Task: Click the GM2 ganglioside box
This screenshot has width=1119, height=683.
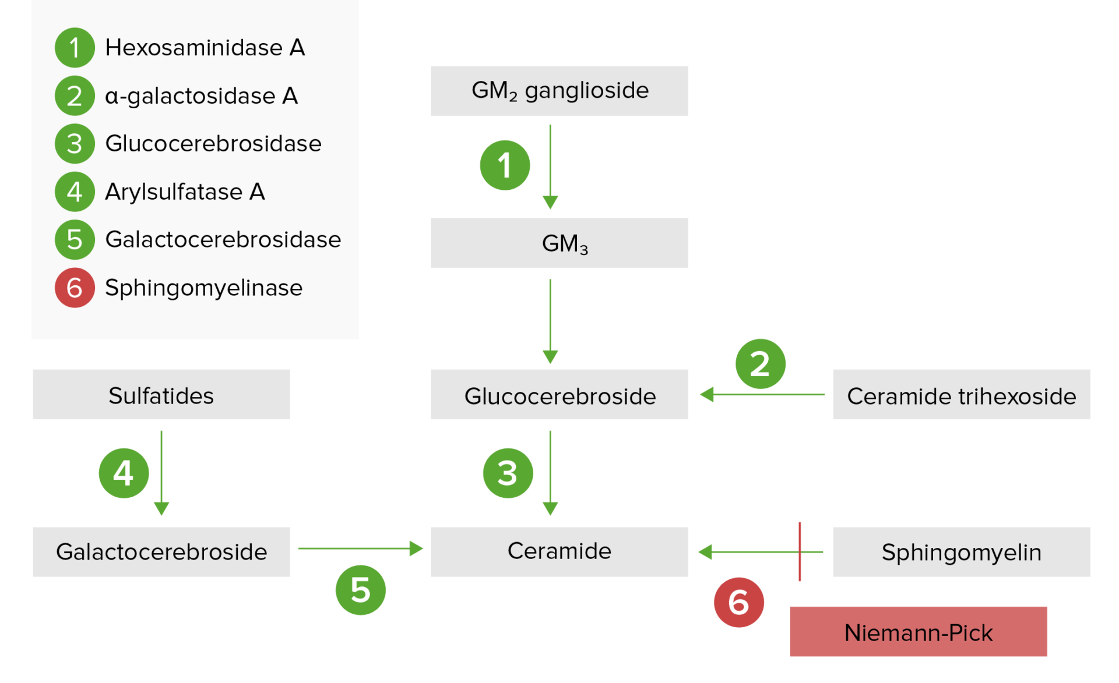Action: [x=559, y=91]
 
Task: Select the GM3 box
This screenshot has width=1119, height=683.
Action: [x=559, y=243]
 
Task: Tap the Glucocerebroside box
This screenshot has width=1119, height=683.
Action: [x=559, y=395]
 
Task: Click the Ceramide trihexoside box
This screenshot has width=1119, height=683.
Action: [x=961, y=395]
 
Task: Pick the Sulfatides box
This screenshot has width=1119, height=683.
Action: [x=161, y=395]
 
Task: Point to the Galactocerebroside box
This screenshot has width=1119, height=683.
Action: [x=161, y=551]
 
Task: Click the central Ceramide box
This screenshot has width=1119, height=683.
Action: [x=559, y=551]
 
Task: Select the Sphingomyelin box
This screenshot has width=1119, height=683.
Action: [x=961, y=551]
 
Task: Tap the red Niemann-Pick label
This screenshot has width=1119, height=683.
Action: [x=918, y=632]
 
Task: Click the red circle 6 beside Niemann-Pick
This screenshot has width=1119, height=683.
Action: [x=738, y=602]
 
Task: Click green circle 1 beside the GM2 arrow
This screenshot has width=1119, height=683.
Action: [x=505, y=165]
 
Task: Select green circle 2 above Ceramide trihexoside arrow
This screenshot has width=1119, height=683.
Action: [x=760, y=364]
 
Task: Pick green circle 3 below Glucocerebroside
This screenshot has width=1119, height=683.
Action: [x=508, y=473]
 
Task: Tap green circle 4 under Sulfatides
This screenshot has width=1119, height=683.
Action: [x=124, y=473]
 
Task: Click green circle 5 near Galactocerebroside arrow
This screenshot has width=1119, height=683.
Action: [x=360, y=590]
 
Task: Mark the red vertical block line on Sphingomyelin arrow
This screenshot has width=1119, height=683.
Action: [x=800, y=551]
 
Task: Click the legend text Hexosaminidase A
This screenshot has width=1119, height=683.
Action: [x=205, y=48]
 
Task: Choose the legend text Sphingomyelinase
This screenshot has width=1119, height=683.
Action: [x=203, y=288]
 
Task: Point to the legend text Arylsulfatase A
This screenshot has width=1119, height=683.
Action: [x=185, y=192]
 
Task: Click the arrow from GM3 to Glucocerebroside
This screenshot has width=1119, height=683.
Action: [x=550, y=320]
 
